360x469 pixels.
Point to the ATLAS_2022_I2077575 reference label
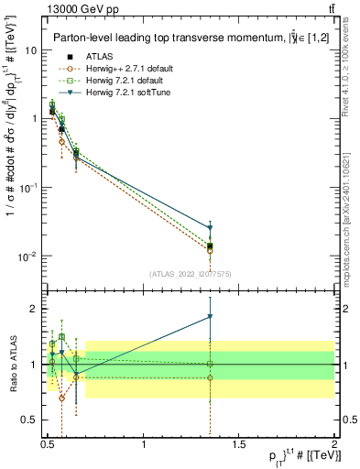coord(191,274)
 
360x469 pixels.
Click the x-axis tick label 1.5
coord(239,445)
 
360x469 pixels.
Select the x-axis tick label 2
coord(333,445)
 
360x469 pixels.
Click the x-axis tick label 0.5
coord(49,445)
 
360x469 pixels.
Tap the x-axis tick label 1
coord(144,445)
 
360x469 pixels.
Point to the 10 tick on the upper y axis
coord(31,50)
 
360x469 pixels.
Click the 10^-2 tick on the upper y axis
coord(28,256)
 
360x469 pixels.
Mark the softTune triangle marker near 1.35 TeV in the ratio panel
coord(211,317)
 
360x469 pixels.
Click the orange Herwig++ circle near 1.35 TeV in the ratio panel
coord(211,377)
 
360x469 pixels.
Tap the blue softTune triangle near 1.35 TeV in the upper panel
coord(211,228)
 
